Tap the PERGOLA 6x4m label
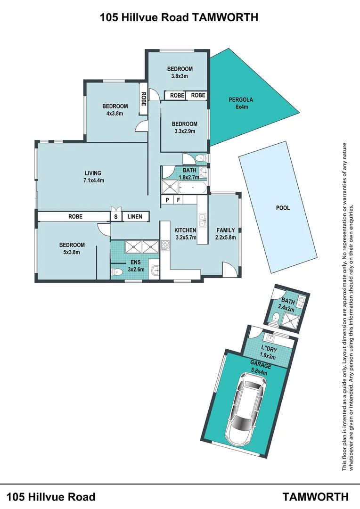pos(241,103)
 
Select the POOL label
pos(283,208)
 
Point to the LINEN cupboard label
pos(135,217)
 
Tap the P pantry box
pos(167,200)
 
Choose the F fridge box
pos(179,200)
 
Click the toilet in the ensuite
pos(117,272)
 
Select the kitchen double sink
pos(202,220)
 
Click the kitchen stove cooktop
pos(165,245)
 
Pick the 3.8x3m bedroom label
pos(180,72)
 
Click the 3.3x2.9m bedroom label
pos(184,128)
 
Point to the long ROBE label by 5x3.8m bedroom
pos(75,217)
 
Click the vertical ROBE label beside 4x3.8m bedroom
pos(142,99)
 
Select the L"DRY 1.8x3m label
pos(268,351)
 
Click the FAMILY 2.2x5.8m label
pos(226,234)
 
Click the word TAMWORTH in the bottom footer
pos(316,497)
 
